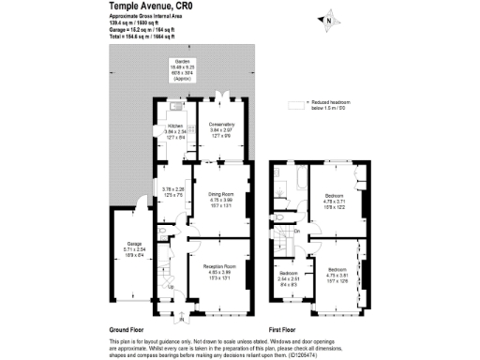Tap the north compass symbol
coord(328,19)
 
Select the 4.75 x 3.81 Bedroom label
coord(335,272)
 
